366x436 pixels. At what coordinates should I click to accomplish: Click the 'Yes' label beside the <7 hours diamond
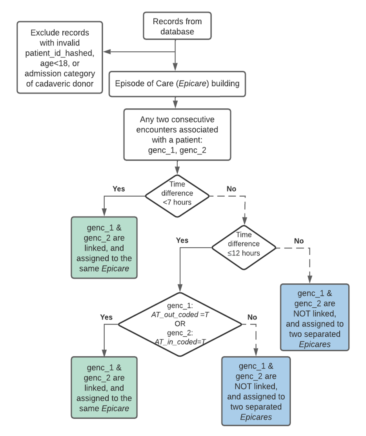click(118, 189)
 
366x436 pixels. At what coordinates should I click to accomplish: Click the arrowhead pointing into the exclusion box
click(106, 52)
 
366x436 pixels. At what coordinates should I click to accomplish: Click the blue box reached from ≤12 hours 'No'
click(315, 317)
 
